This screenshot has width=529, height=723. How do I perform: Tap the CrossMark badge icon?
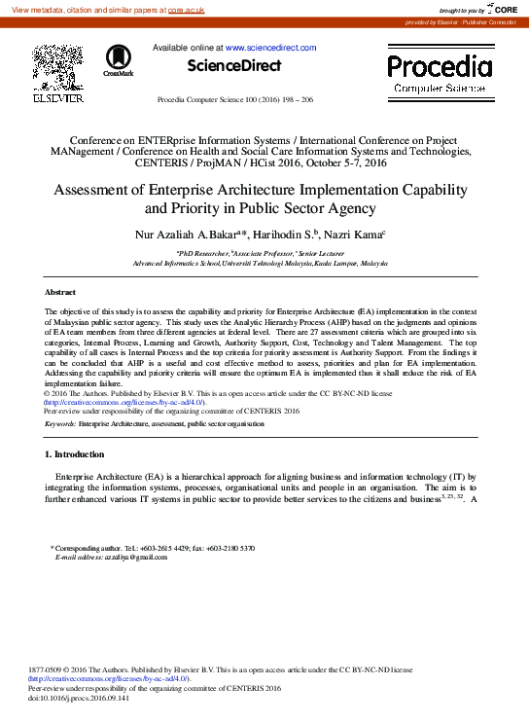pyautogui.click(x=119, y=60)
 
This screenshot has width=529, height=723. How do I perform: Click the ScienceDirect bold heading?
pyautogui.click(x=235, y=66)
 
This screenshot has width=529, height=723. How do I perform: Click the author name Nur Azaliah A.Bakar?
pyautogui.click(x=198, y=235)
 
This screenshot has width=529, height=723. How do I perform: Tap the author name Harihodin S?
pyautogui.click(x=292, y=235)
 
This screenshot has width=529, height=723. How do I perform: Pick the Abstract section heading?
pyautogui.click(x=61, y=292)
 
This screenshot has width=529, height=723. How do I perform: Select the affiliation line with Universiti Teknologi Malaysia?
pyautogui.click(x=260, y=264)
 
